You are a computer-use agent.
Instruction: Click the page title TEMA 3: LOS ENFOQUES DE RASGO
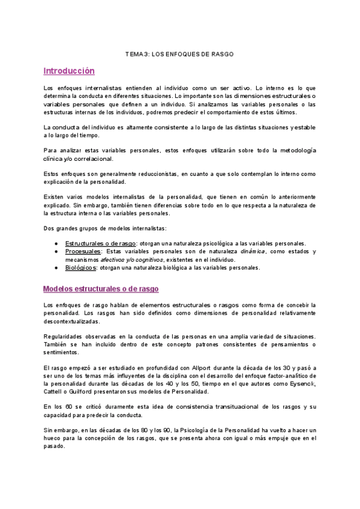179,54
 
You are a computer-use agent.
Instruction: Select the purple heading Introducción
69,71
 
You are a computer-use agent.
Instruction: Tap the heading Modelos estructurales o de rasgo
101,289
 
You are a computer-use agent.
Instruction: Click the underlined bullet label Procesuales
83,251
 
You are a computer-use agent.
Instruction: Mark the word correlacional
86,159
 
